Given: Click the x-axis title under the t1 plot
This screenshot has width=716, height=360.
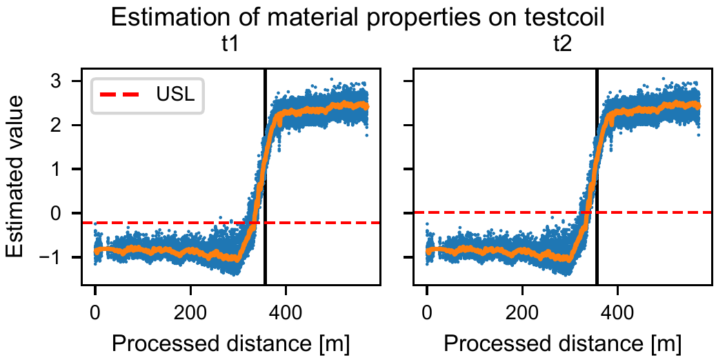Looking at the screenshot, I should coord(230,342).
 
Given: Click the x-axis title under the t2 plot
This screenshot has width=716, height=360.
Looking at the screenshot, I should coord(562,342).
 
